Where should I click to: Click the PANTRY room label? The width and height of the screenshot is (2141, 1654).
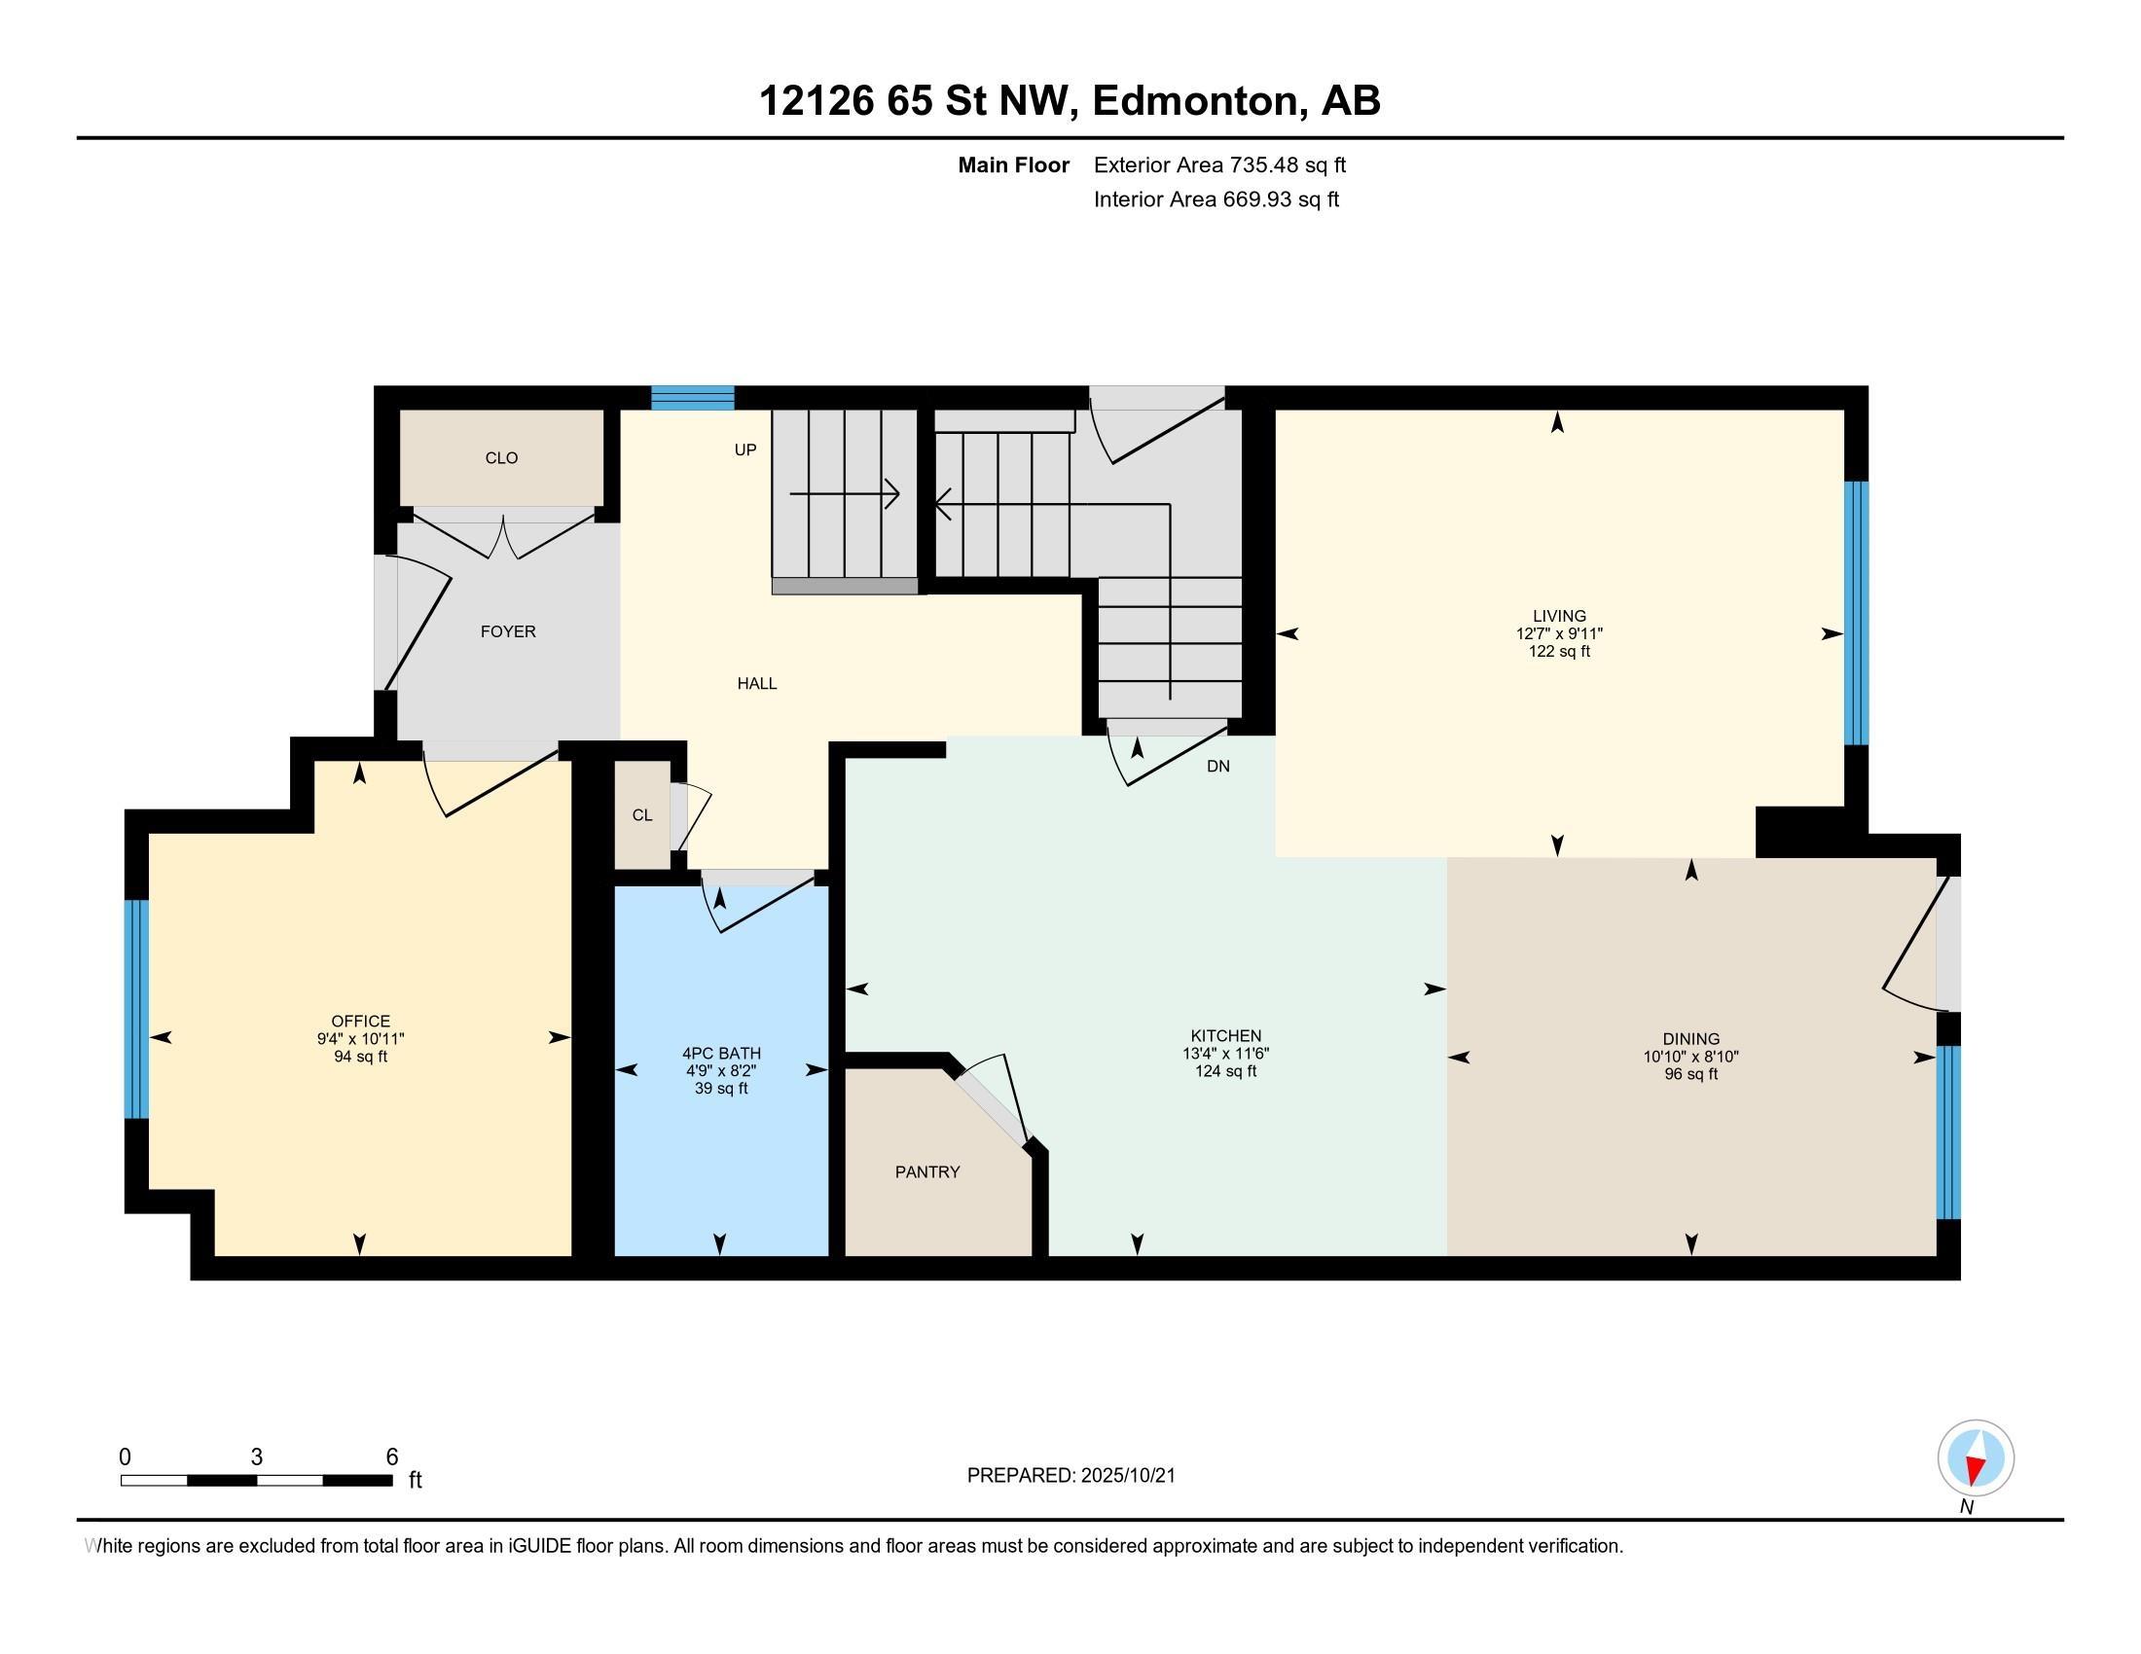[x=926, y=1172]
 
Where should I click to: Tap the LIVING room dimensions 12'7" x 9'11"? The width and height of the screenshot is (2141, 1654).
[x=1559, y=634]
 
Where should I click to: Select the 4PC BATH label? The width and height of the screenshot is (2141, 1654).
[x=720, y=1054]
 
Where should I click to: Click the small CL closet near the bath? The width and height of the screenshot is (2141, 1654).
[x=642, y=815]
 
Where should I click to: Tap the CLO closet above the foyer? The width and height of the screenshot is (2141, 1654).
[x=501, y=457]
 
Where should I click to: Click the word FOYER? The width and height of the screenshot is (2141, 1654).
[x=508, y=632]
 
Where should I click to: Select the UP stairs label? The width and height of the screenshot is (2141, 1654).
[x=745, y=449]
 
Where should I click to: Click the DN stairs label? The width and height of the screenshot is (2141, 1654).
[x=1217, y=767]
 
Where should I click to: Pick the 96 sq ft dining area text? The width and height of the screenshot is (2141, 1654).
[x=1690, y=1074]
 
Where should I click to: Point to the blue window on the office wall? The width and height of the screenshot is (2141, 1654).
[x=136, y=1008]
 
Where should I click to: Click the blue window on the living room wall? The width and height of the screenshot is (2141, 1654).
[x=1856, y=613]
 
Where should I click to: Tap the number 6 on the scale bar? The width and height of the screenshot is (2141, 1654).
[x=392, y=1457]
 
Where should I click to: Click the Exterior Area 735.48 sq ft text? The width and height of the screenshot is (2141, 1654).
[x=1219, y=165]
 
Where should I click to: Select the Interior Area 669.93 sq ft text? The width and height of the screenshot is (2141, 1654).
[x=1216, y=199]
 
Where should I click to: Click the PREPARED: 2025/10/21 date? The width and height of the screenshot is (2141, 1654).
[x=1070, y=1476]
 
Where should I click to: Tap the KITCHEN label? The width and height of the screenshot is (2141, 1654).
[x=1225, y=1036]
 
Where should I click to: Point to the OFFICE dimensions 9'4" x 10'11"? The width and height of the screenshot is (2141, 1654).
[x=360, y=1039]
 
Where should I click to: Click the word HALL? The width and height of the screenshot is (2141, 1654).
[x=757, y=684]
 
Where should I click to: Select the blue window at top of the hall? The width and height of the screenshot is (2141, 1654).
[x=692, y=398]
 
